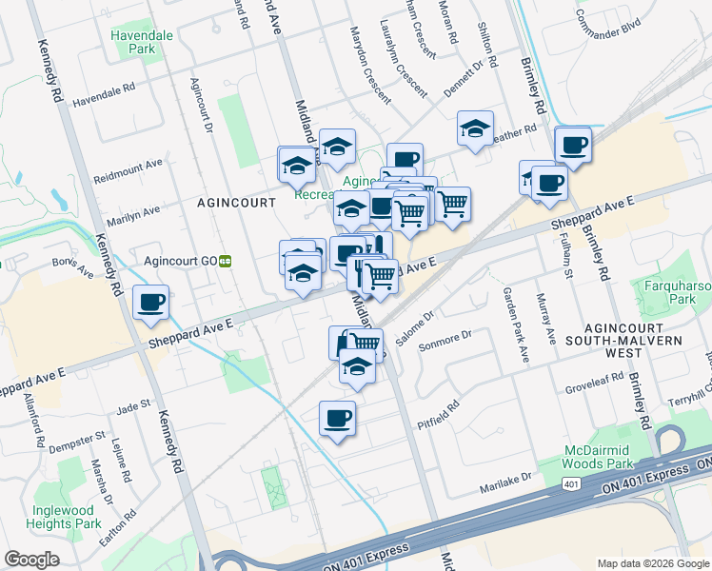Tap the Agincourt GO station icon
227,259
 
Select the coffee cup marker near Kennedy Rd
150,304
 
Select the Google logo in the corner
31,560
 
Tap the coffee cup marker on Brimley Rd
572,146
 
